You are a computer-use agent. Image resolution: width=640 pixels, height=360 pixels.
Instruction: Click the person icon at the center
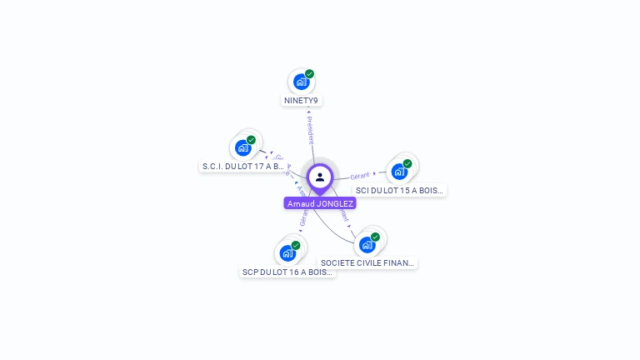coord(320,177)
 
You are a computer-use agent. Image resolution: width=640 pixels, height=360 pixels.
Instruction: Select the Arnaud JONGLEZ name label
coord(320,203)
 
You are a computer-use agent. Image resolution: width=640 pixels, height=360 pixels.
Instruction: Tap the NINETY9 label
coord(301,101)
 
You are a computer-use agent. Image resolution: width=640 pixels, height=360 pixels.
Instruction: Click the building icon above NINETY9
coord(301,82)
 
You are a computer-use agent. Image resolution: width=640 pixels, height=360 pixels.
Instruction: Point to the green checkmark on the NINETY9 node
coord(309,74)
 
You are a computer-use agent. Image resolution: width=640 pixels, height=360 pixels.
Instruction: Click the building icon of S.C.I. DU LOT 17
coord(243,147)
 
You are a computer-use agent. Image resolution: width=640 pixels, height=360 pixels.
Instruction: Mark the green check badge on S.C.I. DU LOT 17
coord(251,140)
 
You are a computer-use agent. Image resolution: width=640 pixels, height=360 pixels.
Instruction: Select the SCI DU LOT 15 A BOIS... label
coord(400,190)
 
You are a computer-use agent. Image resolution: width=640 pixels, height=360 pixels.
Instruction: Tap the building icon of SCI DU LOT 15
coord(399,172)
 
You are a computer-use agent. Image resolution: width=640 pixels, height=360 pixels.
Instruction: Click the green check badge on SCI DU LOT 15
coord(407,163)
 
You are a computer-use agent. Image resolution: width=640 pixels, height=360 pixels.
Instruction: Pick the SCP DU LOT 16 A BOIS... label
coord(287,272)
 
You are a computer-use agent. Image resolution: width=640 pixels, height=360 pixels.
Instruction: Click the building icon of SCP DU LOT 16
coord(287,252)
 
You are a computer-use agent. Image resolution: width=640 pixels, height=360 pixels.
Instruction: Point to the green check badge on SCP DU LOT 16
coord(296,245)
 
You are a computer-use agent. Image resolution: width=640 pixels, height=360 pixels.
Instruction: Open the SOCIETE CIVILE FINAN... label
coord(367,262)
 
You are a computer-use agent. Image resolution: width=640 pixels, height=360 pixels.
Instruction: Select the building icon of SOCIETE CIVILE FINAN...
coord(367,244)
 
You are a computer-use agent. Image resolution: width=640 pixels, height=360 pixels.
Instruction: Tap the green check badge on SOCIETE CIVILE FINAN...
coord(375,237)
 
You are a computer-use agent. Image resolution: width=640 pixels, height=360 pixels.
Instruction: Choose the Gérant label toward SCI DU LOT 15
coord(360,176)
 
